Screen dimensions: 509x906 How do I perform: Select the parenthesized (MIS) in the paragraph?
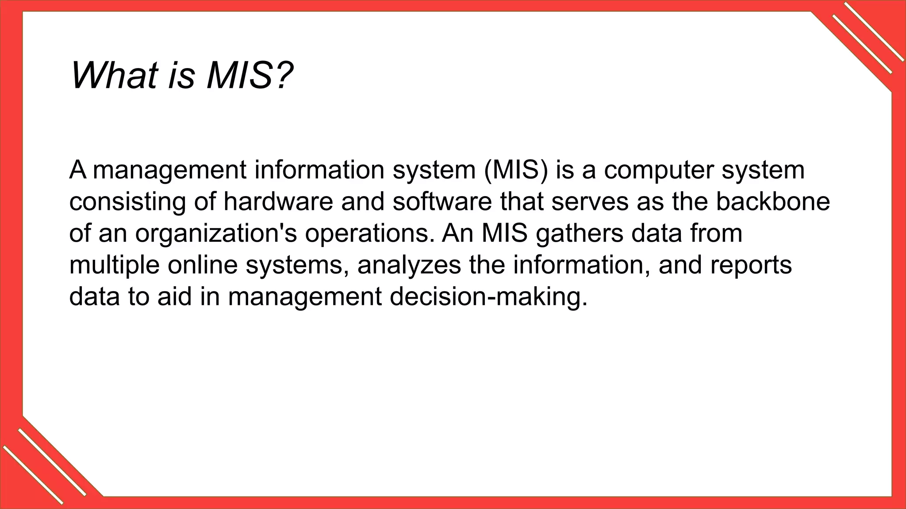click(516, 170)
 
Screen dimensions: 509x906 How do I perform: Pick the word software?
click(442, 201)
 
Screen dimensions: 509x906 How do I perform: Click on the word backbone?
click(773, 201)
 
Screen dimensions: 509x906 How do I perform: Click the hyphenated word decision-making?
click(488, 297)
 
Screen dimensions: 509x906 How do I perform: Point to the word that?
click(522, 201)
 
